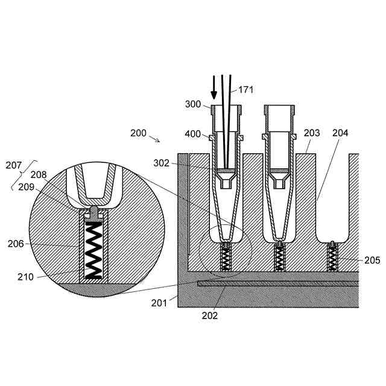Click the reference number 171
click(x=246, y=90)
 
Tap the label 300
click(x=193, y=104)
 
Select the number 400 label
click(x=193, y=134)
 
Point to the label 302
click(x=161, y=163)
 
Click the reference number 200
click(x=138, y=133)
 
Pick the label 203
click(x=312, y=133)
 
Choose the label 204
click(x=340, y=133)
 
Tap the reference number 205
click(x=372, y=260)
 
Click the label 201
click(x=159, y=303)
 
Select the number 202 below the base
click(x=210, y=315)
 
